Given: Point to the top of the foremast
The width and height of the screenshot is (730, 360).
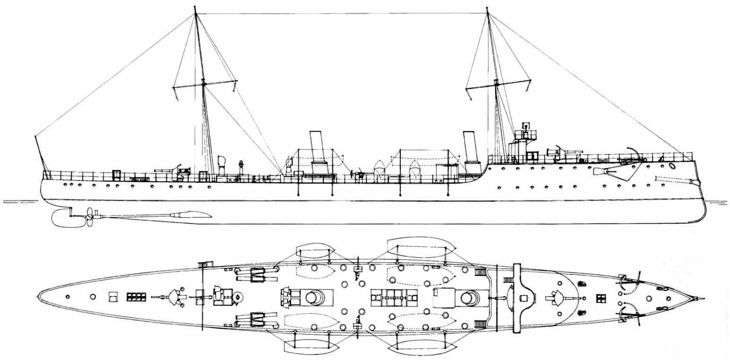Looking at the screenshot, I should tap(487, 9).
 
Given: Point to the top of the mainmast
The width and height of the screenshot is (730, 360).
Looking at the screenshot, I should tap(195, 8).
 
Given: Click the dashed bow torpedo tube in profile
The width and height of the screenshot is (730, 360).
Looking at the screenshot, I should tap(671, 180).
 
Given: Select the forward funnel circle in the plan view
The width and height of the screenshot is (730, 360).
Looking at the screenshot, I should tap(470, 298).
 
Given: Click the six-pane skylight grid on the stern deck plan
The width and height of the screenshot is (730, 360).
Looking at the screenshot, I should tap(136, 297).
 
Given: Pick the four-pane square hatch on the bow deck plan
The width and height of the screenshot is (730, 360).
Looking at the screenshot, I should tap(601, 298).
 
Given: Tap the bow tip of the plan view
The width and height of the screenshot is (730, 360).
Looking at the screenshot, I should tap(704, 299).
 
